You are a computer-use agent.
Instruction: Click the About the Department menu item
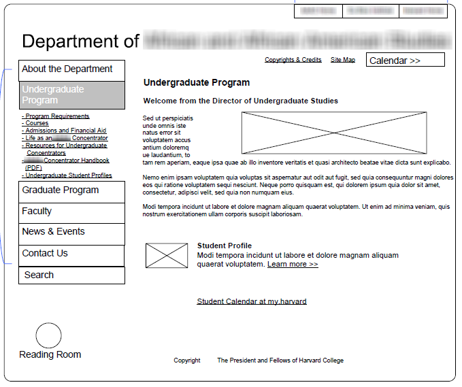click(x=71, y=70)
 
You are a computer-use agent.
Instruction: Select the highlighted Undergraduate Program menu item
click(x=71, y=95)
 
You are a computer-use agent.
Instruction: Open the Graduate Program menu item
click(x=71, y=191)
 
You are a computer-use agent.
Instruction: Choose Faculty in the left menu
click(x=71, y=212)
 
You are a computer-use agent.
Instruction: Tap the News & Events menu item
click(x=71, y=233)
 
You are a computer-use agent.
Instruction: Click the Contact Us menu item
click(x=71, y=254)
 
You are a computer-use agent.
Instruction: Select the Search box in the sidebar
click(x=71, y=275)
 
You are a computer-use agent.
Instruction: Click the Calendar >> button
click(x=405, y=61)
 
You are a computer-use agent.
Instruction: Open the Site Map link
click(x=343, y=60)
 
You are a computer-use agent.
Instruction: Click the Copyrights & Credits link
click(x=293, y=60)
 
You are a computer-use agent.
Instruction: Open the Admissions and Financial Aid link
click(x=65, y=131)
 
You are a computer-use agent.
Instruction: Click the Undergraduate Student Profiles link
click(x=68, y=175)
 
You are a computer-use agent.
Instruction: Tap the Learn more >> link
click(x=293, y=264)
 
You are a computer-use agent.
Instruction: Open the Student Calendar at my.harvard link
click(x=252, y=301)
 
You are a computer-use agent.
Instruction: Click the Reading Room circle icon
click(x=48, y=336)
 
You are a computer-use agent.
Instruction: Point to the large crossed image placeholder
click(x=334, y=133)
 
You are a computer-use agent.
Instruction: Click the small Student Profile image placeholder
click(x=167, y=255)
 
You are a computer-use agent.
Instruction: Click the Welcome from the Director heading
click(x=240, y=101)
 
